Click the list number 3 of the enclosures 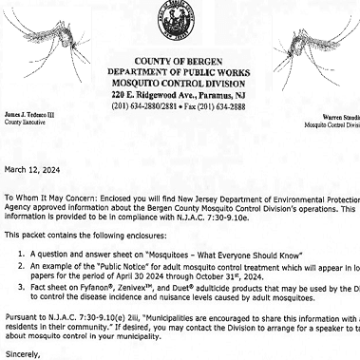22,287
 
